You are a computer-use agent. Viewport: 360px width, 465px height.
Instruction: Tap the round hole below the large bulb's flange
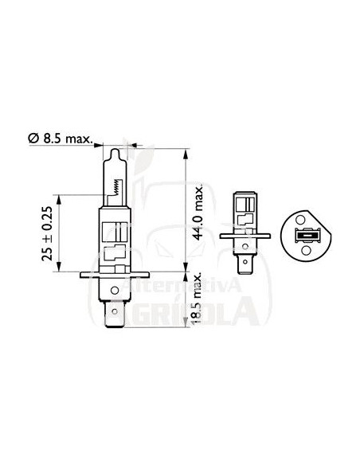click(x=116, y=291)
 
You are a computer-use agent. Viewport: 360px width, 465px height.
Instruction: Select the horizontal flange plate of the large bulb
click(x=116, y=275)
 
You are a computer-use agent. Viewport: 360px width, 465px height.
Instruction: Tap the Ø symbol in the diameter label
click(x=33, y=139)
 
